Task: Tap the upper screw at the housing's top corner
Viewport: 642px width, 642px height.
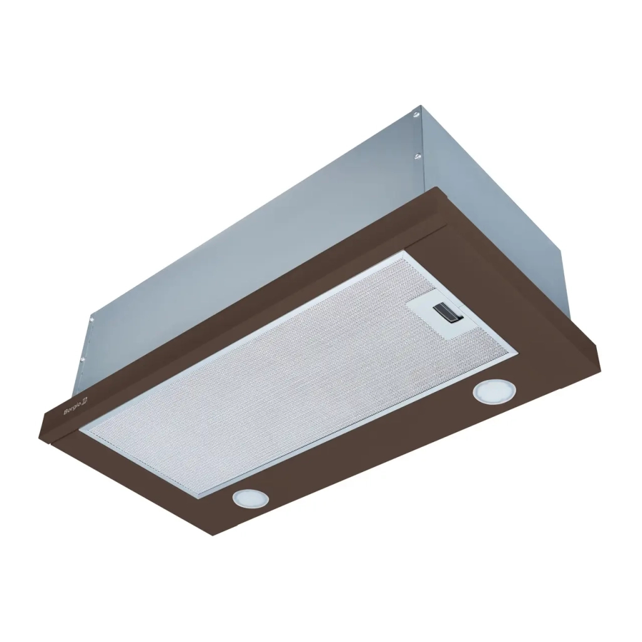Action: point(416,115)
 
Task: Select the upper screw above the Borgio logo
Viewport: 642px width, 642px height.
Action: point(92,320)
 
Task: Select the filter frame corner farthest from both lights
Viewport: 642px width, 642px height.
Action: point(405,252)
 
